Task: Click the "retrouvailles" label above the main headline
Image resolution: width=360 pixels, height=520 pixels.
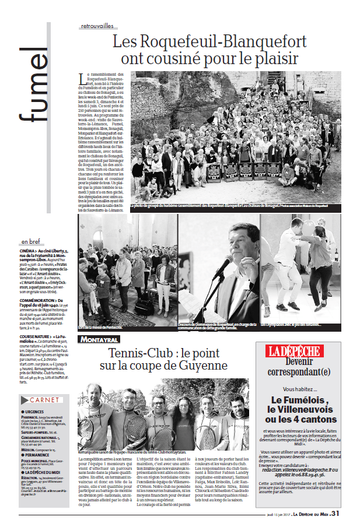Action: (x=97, y=26)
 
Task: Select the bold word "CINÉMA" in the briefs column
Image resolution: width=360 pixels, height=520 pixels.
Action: (x=29, y=250)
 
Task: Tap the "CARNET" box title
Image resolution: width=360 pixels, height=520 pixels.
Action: (x=45, y=400)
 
